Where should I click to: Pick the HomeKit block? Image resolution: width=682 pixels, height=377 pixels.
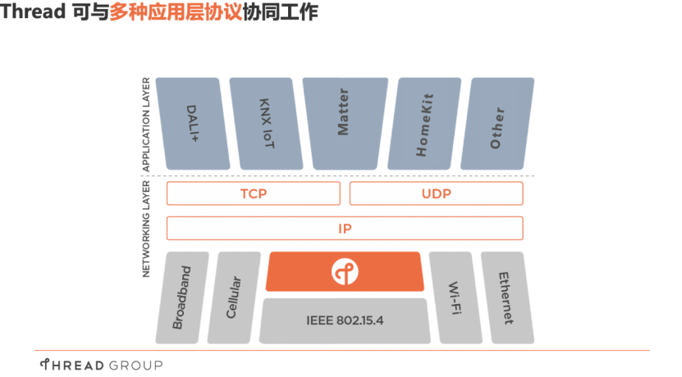tap(424, 123)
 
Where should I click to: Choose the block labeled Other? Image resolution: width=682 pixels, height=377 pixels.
tap(497, 123)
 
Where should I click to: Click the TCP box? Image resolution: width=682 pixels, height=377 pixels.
tap(254, 193)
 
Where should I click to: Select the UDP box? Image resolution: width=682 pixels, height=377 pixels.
tap(437, 193)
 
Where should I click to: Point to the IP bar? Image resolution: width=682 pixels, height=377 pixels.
tap(345, 228)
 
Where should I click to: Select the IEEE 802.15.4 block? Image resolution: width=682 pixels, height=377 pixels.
tap(345, 320)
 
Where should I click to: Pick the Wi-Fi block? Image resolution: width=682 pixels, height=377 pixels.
tap(455, 297)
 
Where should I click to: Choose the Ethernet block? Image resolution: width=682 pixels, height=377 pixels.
tap(504, 297)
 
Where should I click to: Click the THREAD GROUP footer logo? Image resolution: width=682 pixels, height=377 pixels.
tap(101, 364)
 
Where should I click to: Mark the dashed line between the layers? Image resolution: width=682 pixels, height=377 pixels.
tap(345, 175)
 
